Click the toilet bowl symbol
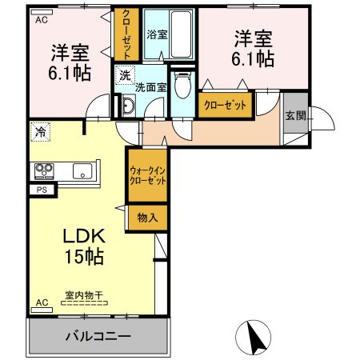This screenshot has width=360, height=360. (x=182, y=85)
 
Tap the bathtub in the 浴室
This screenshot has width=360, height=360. (x=181, y=34)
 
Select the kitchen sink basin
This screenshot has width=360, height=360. (x=82, y=171)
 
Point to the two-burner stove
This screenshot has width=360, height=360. (x=44, y=171)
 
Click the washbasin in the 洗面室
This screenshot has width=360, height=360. (x=129, y=106)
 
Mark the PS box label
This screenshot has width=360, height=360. (x=42, y=190)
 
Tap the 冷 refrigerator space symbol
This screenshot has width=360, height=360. (x=40, y=132)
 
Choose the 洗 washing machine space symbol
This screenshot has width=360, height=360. (x=125, y=75)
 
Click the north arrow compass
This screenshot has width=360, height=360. (x=253, y=338)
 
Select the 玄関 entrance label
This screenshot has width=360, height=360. (x=295, y=116)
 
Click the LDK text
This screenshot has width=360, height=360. (x=84, y=236)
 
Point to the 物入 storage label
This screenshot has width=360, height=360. (x=147, y=218)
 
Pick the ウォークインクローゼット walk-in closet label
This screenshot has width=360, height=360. (x=148, y=176)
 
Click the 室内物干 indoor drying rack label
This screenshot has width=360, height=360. (x=84, y=295)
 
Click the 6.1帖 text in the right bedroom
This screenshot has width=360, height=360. (x=253, y=59)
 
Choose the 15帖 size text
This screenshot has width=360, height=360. (x=84, y=257)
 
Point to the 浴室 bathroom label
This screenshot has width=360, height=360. (x=157, y=34)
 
